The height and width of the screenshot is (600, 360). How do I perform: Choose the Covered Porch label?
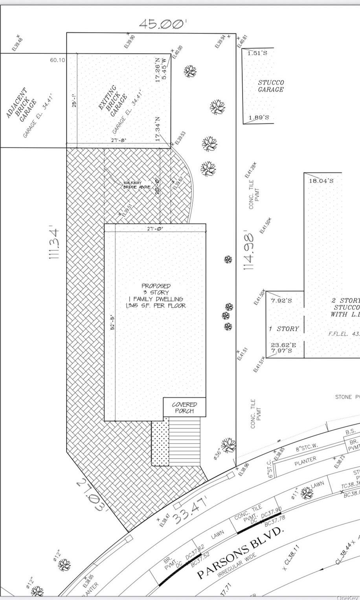(184, 407)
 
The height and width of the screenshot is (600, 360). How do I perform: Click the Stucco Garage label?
(271, 86)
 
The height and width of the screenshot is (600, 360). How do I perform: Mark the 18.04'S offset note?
(321, 181)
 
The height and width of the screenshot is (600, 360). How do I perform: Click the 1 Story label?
(284, 328)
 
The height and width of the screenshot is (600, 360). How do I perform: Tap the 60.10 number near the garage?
(57, 60)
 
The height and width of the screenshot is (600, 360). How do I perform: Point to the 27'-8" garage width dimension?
(119, 140)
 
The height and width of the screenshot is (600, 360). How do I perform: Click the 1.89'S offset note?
(259, 117)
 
